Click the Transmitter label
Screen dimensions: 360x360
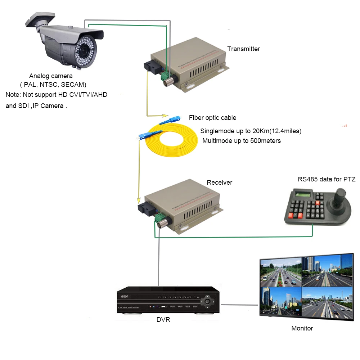243,49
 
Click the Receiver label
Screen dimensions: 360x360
219,183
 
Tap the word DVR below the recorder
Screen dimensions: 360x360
163,319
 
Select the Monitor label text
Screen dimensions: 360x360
302,328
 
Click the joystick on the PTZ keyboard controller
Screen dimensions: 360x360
339,197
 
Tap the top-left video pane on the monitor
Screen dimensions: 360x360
281,272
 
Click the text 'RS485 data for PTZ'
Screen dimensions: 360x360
327,179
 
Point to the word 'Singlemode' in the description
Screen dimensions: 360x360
215,131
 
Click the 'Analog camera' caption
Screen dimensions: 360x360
51,76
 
